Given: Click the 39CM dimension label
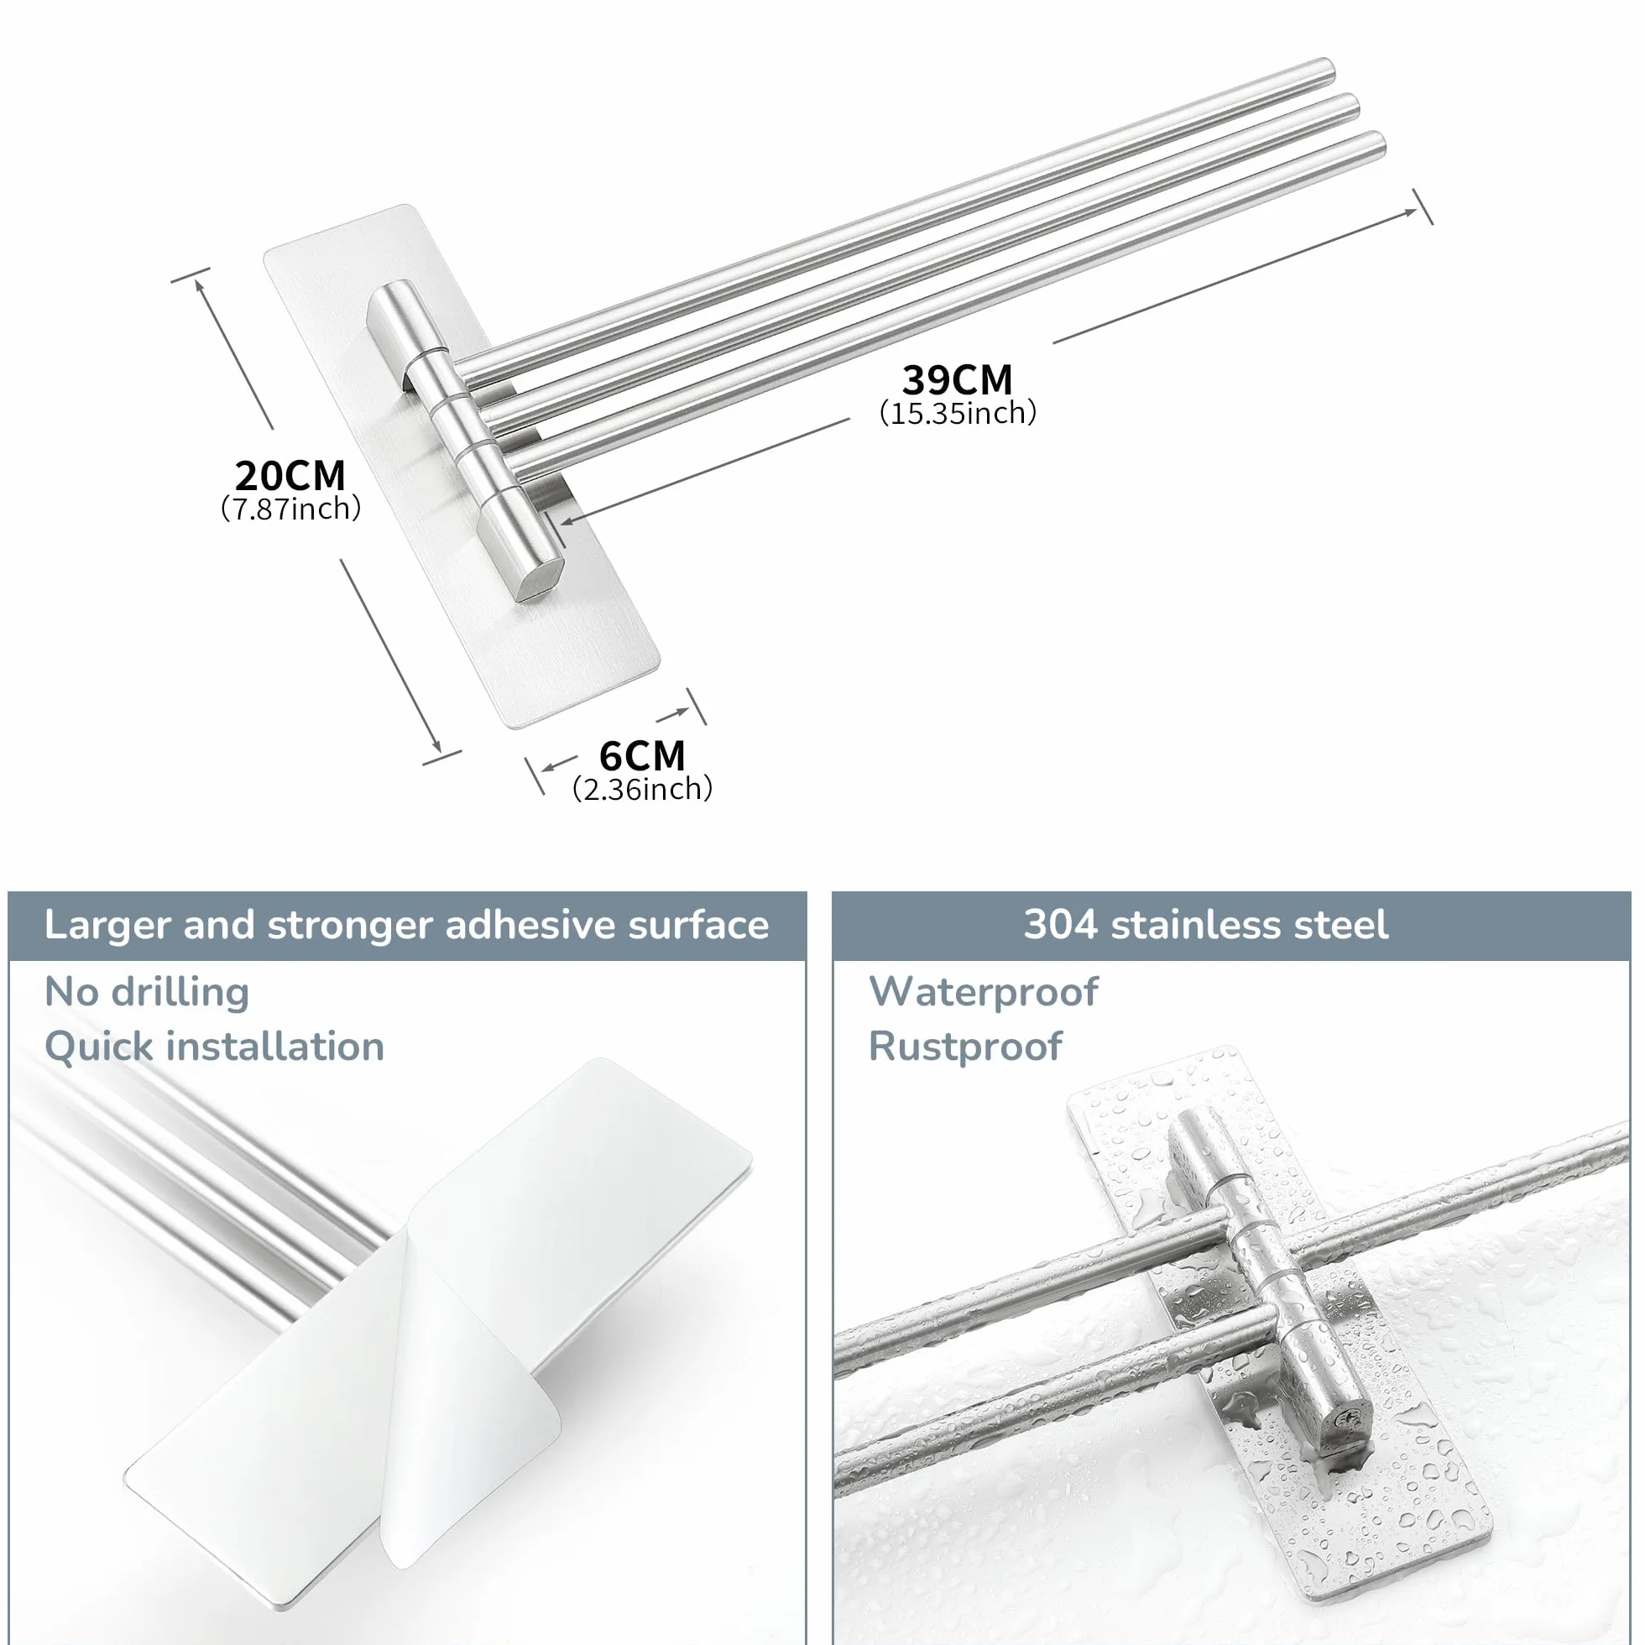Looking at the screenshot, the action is click(957, 379).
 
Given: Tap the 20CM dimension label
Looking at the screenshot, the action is click(290, 475).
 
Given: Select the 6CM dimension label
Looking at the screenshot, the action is click(642, 755).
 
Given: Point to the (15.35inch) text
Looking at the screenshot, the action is click(958, 414).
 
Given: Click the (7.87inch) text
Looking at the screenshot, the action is click(290, 509).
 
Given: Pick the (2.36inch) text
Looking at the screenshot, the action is click(642, 789).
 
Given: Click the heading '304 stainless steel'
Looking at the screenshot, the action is click(1206, 925).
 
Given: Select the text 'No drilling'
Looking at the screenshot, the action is click(146, 992).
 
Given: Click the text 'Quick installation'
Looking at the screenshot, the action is click(214, 1047).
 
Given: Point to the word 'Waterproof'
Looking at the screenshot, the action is click(984, 992).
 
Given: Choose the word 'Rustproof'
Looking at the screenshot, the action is click(965, 1047).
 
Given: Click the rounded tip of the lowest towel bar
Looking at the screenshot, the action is click(1377, 143).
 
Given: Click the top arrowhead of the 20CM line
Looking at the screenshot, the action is click(200, 285).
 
